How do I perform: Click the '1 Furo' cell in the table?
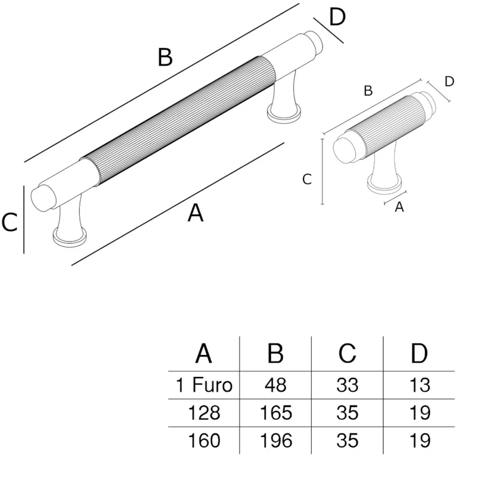click(203, 385)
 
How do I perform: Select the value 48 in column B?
click(275, 385)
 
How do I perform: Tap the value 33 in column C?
click(347, 385)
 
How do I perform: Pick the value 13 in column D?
click(420, 385)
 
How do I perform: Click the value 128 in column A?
click(203, 413)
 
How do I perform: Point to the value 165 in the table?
click(275, 413)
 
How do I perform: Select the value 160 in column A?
click(203, 441)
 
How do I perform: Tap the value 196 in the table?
click(275, 441)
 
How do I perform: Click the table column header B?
click(275, 354)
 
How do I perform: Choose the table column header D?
click(420, 354)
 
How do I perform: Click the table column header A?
click(203, 354)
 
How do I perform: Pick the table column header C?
click(347, 354)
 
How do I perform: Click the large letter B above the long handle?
click(165, 58)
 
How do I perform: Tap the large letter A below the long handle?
click(196, 213)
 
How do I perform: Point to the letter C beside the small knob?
click(307, 178)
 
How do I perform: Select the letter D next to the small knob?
click(450, 81)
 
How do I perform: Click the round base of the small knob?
click(384, 184)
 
